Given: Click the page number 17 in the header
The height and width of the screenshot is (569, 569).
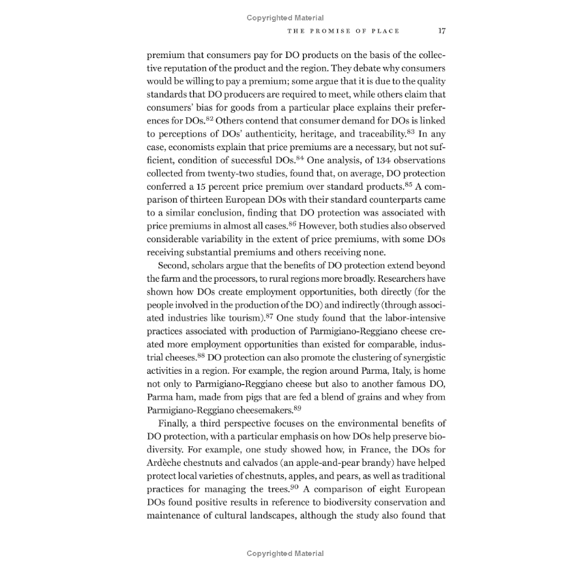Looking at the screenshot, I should point(441,31).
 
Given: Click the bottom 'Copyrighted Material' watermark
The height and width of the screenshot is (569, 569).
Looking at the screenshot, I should point(285,553).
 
